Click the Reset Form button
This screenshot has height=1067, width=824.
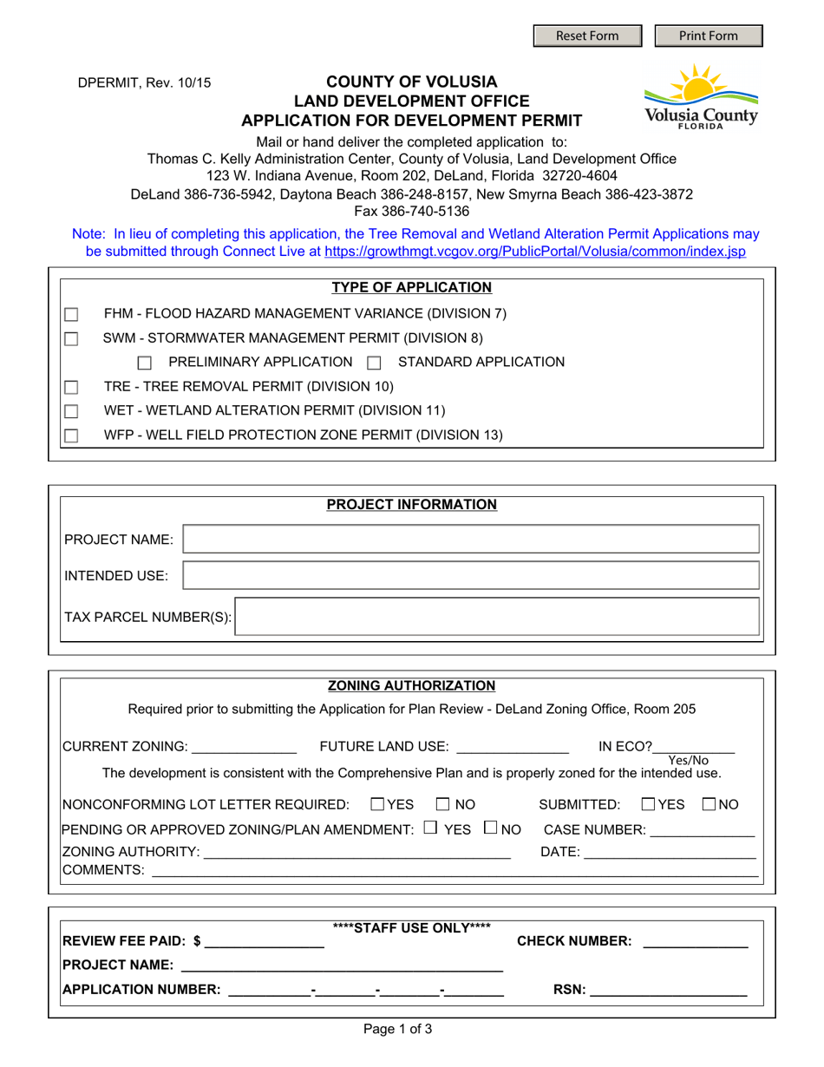pos(587,36)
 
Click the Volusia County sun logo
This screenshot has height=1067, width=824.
pos(699,95)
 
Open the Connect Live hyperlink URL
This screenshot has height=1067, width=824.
pos(534,252)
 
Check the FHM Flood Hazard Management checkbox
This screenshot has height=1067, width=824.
pos(71,314)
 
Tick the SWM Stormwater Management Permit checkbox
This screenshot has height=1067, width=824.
pos(71,338)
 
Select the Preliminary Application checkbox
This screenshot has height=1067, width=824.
pos(145,363)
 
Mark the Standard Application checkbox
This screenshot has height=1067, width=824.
pos(374,363)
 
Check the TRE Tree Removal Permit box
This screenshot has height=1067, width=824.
pos(71,387)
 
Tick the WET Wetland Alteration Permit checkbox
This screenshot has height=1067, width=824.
pos(71,411)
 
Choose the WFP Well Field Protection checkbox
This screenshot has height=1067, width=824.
pos(71,435)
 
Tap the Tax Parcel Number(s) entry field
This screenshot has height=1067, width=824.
pos(499,617)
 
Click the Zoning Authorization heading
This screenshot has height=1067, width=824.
pos(411,685)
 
